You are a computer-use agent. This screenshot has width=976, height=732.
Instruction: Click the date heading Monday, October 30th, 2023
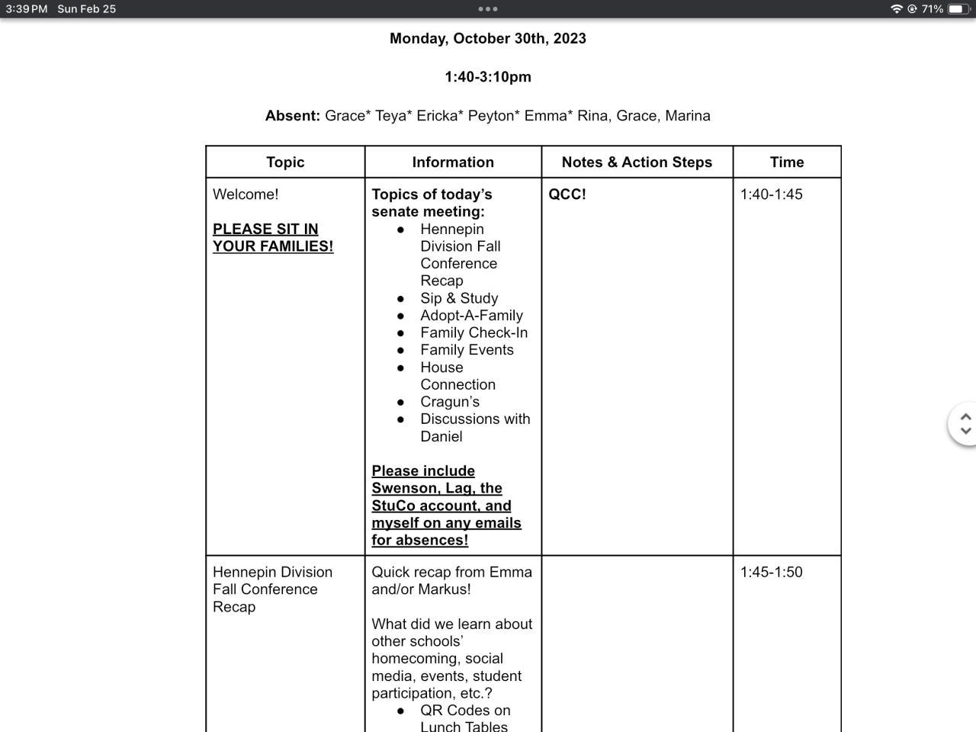[487, 38]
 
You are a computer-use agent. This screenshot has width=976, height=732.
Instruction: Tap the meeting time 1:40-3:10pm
[487, 77]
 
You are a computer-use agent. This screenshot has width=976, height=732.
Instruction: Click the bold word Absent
[292, 116]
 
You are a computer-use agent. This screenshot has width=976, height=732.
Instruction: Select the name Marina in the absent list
[688, 116]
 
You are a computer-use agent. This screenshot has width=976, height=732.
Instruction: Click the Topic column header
[285, 162]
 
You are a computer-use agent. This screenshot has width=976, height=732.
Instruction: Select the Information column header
[453, 162]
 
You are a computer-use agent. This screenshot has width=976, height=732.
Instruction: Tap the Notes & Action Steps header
[637, 162]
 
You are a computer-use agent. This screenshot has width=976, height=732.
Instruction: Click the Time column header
[787, 162]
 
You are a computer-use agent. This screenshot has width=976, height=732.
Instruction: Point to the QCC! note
[567, 194]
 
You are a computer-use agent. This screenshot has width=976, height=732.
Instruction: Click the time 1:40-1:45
[771, 194]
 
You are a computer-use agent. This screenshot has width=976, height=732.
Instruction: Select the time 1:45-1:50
[771, 573]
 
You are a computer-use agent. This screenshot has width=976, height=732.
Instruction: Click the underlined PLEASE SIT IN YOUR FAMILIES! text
[273, 238]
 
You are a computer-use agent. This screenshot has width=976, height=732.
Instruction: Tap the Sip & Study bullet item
[459, 298]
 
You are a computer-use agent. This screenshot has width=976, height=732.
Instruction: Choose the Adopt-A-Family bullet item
[471, 316]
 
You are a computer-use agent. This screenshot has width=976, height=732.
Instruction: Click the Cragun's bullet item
[450, 402]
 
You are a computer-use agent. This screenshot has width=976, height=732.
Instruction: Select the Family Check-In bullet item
[474, 333]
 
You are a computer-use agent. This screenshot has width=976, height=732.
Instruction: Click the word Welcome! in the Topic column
[246, 194]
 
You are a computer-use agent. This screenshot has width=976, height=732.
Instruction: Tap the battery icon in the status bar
[958, 9]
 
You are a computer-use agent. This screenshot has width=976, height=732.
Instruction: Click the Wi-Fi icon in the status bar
[896, 9]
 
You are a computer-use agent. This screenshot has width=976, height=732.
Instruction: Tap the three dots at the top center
[487, 9]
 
